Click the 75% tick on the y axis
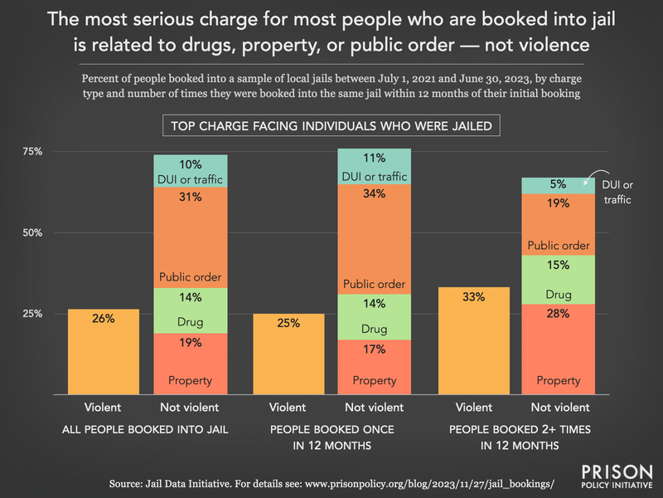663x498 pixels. pos(32,152)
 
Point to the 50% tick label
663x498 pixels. pos(32,233)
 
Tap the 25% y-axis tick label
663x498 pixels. pos(32,314)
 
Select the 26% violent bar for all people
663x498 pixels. pos(104,352)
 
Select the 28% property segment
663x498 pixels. pos(559,349)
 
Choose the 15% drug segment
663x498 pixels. pos(559,280)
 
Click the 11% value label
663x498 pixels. pos(375,158)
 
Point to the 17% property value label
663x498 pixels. pos(375,350)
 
